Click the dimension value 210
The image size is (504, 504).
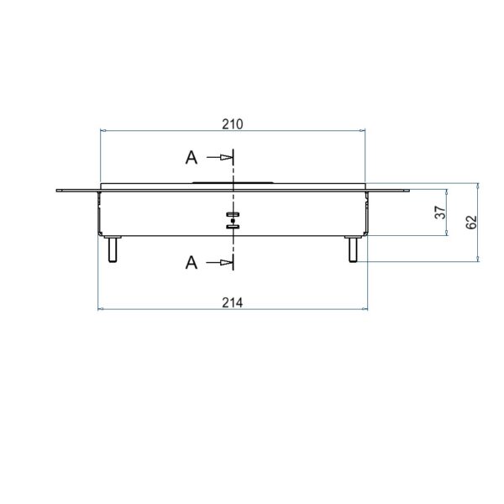pyautogui.click(x=233, y=124)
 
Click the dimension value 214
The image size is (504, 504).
pyautogui.click(x=233, y=302)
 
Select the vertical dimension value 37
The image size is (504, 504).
pyautogui.click(x=440, y=213)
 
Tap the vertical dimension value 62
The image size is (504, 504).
pyautogui.click(x=471, y=222)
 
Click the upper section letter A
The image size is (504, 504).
pyautogui.click(x=192, y=158)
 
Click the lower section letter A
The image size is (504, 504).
pyautogui.click(x=192, y=263)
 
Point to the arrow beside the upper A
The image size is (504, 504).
pyautogui.click(x=219, y=158)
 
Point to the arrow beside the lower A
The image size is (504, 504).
pyautogui.click(x=219, y=263)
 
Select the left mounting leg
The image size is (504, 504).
pyautogui.click(x=113, y=249)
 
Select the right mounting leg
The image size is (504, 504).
pyautogui.click(x=353, y=249)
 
